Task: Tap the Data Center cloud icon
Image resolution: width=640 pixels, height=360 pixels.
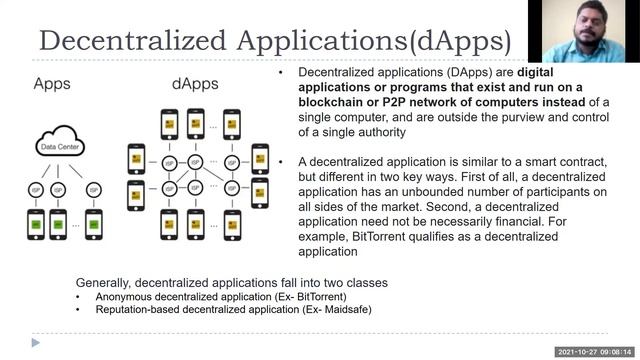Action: pos(62,145)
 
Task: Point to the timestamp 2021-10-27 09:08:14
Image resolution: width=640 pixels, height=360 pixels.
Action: pos(594,352)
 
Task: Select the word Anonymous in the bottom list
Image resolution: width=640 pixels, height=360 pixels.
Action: pos(129,298)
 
